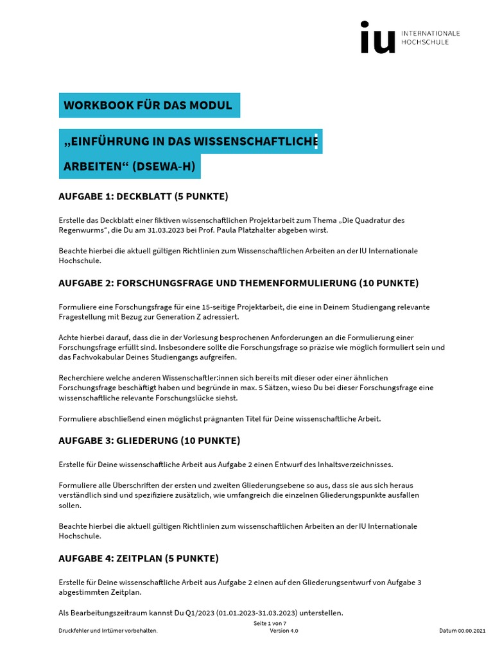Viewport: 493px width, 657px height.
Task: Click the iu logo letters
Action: pos(377,38)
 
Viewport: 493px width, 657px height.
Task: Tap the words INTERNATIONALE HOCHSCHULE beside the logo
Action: pos(430,38)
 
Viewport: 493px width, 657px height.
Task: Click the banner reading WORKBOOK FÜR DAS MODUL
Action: pos(148,105)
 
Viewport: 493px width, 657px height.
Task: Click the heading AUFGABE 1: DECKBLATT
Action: pos(143,196)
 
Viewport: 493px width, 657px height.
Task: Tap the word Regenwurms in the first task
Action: pos(81,230)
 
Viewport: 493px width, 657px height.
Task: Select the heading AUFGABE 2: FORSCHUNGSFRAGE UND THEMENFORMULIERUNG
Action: pos(238,283)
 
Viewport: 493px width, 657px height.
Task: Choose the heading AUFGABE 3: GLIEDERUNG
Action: pos(149,441)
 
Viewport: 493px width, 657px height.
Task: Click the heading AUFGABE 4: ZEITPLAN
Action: pos(138,558)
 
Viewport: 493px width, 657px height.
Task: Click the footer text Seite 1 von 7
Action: pos(270,623)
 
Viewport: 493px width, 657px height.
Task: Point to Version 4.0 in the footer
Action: pos(284,631)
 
